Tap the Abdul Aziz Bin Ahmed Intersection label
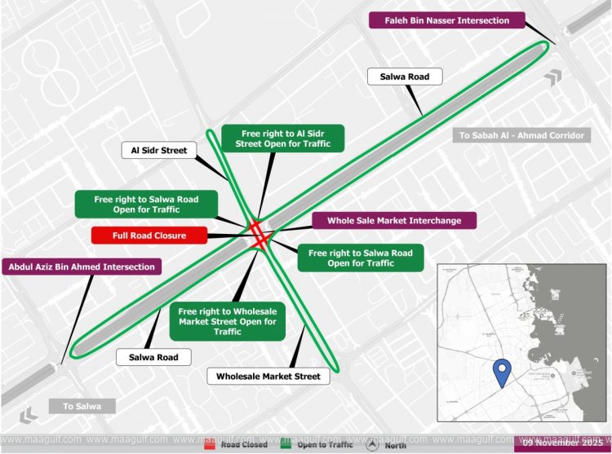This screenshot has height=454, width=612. pyautogui.click(x=82, y=267)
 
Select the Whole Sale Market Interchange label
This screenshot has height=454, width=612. pyautogui.click(x=394, y=220)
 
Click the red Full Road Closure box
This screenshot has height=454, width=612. pyautogui.click(x=149, y=236)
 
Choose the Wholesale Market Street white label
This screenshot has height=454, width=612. pyautogui.click(x=268, y=376)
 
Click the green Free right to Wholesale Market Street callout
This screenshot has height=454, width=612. pyautogui.click(x=228, y=321)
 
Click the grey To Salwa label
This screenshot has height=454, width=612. pyautogui.click(x=82, y=406)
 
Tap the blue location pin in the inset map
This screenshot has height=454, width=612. pyautogui.click(x=503, y=372)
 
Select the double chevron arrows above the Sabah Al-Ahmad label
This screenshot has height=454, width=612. pyautogui.click(x=557, y=78)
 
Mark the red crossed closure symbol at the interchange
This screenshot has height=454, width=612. pyautogui.click(x=259, y=233)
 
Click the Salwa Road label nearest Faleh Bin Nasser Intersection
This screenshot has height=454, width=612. pyautogui.click(x=410, y=77)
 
